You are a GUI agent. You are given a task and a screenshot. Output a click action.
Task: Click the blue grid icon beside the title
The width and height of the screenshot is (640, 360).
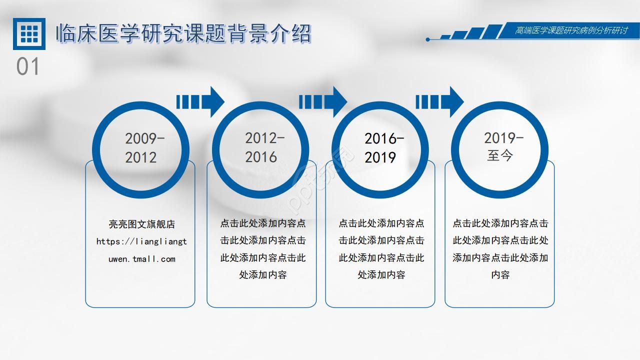tap(29, 33)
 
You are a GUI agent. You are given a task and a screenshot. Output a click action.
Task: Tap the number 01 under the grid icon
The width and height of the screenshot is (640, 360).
tap(27, 66)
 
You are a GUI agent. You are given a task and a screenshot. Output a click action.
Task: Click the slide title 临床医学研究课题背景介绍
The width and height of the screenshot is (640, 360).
tap(183, 33)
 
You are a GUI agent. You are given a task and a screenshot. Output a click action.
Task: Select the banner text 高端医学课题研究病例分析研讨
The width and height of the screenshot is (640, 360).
tap(571, 30)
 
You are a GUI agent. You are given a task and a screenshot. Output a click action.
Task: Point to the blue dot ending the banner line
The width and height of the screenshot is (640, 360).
tap(427, 39)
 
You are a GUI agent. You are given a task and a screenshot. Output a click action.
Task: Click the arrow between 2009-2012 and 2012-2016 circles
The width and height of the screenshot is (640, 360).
tap(200, 101)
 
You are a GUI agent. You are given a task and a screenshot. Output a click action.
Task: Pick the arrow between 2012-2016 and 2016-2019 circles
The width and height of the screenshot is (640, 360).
tap(323, 101)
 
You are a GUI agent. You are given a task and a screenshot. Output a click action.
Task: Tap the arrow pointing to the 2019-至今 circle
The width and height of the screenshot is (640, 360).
tap(439, 101)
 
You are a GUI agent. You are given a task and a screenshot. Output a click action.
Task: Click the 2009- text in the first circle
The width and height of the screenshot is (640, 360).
tap(145, 138)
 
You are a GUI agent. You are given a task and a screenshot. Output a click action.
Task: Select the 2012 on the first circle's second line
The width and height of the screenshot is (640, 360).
tap(141, 157)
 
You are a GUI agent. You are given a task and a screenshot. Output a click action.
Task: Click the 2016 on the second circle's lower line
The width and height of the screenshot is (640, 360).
tap(261, 157)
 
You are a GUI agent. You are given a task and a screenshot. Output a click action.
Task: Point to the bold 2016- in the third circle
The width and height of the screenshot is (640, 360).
tap(384, 138)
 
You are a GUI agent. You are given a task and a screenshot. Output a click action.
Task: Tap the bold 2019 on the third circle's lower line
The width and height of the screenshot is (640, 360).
tap(380, 157)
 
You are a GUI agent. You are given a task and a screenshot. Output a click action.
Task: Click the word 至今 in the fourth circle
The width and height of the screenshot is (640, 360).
tap(500, 156)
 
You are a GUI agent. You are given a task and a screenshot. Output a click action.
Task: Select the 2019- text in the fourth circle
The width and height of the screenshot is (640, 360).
tap(503, 138)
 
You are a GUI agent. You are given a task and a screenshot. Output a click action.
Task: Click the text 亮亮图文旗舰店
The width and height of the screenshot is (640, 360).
tap(141, 224)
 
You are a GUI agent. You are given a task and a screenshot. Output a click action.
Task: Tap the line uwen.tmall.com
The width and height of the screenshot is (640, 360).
tap(142, 259)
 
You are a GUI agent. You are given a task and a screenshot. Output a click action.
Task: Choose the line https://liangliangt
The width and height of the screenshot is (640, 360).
tap(141, 241)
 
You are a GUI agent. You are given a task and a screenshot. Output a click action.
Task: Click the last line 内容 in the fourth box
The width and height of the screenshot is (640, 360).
tap(500, 275)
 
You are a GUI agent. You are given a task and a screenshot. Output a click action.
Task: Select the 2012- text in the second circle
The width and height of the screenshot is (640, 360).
tap(265, 138)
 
